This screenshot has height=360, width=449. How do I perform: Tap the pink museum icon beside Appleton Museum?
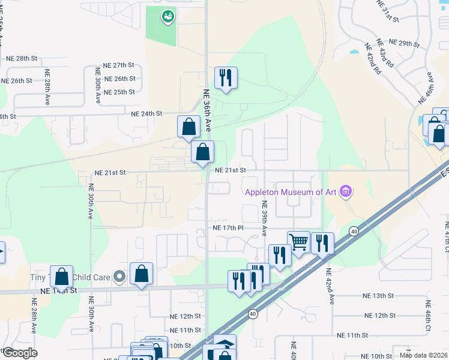coord(345,192)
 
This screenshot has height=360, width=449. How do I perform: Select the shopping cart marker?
coord(298,242)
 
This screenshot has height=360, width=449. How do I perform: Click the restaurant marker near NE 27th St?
coord(226,78)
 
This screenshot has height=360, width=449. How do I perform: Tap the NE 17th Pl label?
coord(228,228)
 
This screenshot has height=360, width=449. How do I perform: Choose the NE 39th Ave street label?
coord(264,218)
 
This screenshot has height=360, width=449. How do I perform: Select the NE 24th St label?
coord(147,113)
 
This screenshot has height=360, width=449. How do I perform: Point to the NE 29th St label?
coord(404,43)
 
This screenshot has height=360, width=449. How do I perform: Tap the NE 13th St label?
coord(378,296)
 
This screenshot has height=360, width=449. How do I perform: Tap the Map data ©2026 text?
coord(423,355)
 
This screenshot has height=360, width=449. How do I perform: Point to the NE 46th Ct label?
coord(429,312)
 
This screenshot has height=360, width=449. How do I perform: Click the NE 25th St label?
coord(119,92)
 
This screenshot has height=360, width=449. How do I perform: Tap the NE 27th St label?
coord(118,65)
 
